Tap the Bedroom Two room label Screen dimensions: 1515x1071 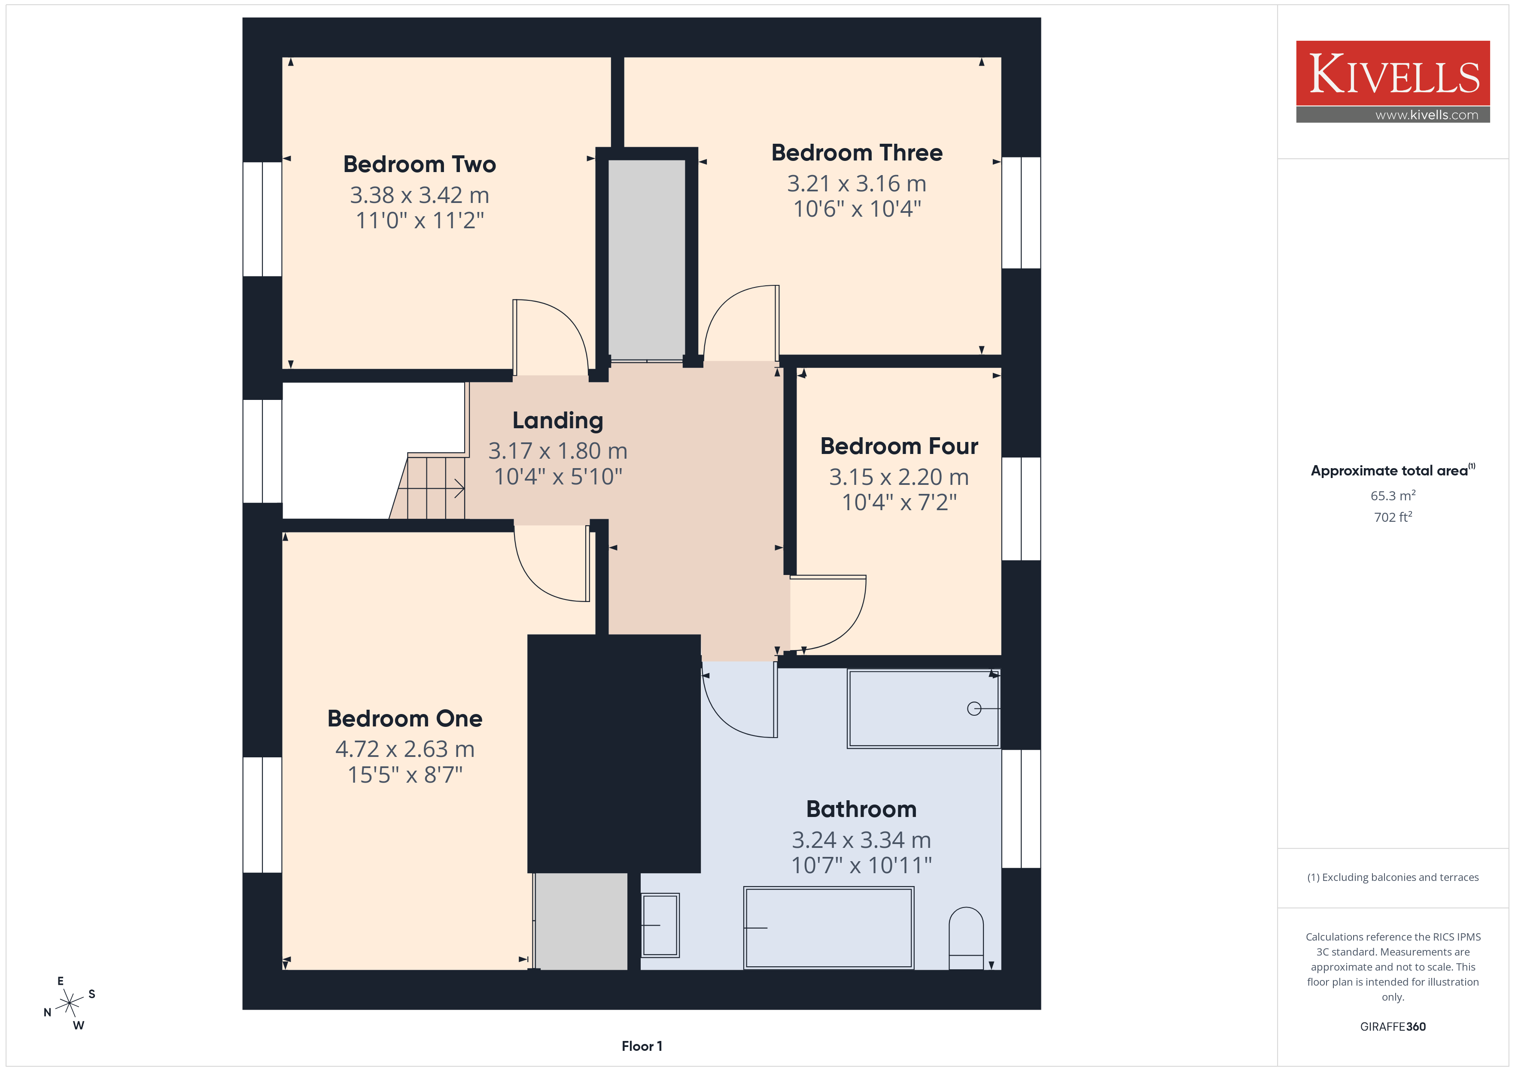(x=420, y=164)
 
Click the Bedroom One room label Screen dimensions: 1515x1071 (x=405, y=719)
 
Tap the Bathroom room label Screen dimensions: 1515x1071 (x=861, y=809)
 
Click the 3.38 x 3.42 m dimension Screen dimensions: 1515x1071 (x=420, y=195)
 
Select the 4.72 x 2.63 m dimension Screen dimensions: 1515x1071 (x=405, y=749)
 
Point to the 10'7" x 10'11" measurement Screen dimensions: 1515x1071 (x=861, y=865)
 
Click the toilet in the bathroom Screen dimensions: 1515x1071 (x=966, y=938)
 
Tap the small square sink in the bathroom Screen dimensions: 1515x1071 (x=660, y=925)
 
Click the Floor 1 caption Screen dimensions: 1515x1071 (x=642, y=1047)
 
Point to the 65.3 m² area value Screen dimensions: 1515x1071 (x=1392, y=495)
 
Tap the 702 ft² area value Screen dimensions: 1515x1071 (x=1392, y=517)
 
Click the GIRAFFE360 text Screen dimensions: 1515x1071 (x=1392, y=1027)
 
